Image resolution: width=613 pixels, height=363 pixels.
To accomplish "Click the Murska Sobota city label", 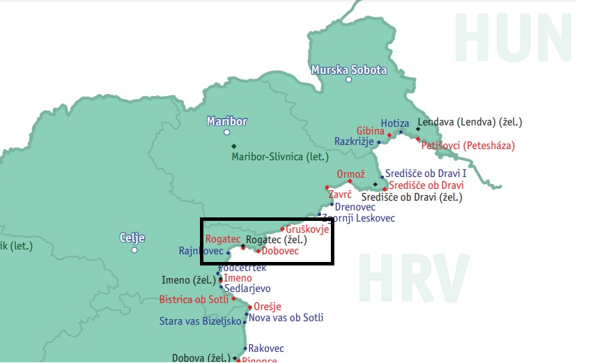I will pyautogui.click(x=348, y=70).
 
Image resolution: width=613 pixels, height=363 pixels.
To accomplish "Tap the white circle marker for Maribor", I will pyautogui.click(x=226, y=132).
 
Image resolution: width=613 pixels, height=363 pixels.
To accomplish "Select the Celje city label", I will pyautogui.click(x=132, y=238).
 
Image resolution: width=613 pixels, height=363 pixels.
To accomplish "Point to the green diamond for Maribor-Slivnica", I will pyautogui.click(x=233, y=146).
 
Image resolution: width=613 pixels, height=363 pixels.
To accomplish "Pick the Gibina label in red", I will pyautogui.click(x=370, y=131).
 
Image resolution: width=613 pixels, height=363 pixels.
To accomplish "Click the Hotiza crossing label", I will pyautogui.click(x=395, y=123).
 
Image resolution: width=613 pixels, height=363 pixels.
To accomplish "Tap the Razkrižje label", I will pyautogui.click(x=355, y=141).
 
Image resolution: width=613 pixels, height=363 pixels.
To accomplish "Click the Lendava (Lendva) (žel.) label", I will pyautogui.click(x=470, y=122).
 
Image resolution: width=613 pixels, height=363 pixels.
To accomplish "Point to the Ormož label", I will pyautogui.click(x=350, y=174).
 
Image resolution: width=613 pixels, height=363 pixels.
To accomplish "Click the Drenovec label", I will pyautogui.click(x=355, y=207).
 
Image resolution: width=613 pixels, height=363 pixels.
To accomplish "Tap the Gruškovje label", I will pyautogui.click(x=307, y=229).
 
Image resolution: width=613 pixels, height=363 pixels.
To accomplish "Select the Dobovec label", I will pyautogui.click(x=280, y=251).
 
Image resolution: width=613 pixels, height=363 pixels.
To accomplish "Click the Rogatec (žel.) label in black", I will pyautogui.click(x=277, y=240).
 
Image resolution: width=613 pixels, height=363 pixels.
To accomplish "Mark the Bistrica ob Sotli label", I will pyautogui.click(x=194, y=300).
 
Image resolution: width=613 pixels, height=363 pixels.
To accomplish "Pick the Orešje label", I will pyautogui.click(x=267, y=307).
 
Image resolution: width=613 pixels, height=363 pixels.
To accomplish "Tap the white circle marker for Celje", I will pyautogui.click(x=134, y=250).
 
